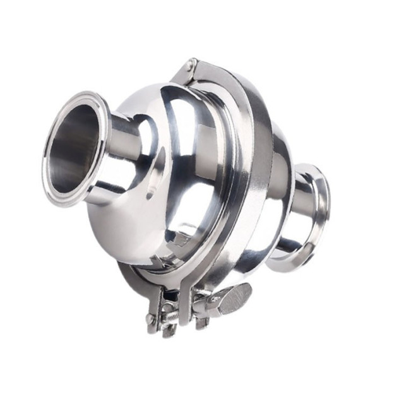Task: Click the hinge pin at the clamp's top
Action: (192, 64)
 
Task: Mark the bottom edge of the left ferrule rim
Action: (63, 201)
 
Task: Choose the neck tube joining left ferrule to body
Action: (129, 158)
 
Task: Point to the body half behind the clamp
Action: (278, 164)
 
